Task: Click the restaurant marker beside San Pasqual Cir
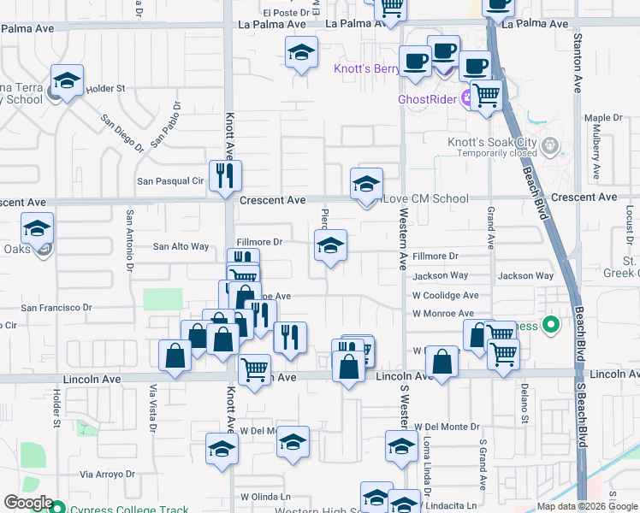(226, 177)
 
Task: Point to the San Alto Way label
(181, 246)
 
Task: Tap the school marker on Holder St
(67, 82)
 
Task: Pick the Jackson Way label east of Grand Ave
(525, 276)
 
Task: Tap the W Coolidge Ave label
(445, 295)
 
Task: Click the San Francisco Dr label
(56, 307)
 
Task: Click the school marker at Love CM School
(366, 185)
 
